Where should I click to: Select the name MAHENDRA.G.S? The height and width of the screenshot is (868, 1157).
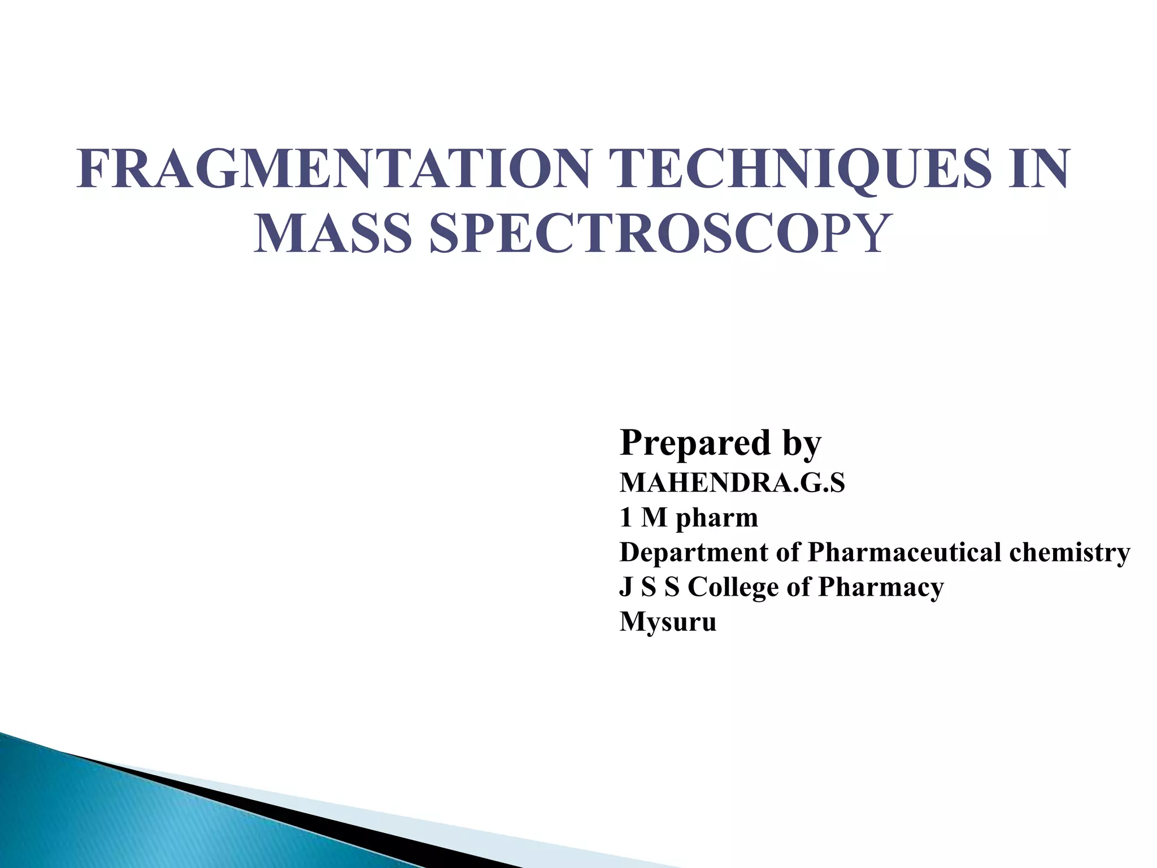(x=732, y=483)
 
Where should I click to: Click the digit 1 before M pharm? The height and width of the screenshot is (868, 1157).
(x=625, y=518)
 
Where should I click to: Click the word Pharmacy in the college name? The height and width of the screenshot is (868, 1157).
(x=881, y=588)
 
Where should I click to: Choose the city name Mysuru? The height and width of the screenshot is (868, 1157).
(x=668, y=622)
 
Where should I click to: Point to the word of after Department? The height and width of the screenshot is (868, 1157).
(x=789, y=552)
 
